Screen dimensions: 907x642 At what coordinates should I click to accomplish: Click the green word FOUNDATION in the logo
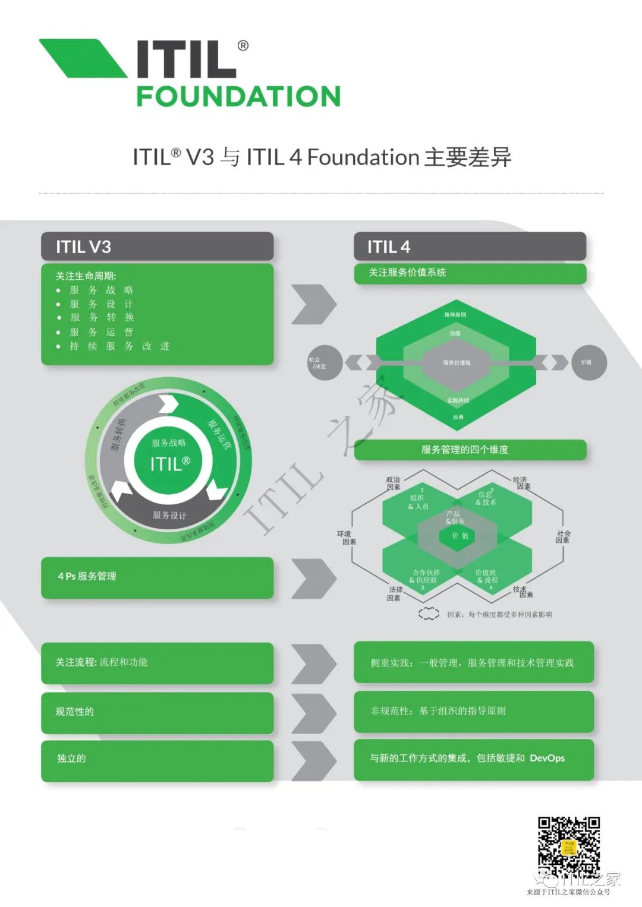tap(238, 96)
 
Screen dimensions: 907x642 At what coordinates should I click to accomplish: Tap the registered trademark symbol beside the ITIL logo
tap(243, 46)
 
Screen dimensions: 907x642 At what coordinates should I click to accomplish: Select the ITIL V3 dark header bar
tap(157, 246)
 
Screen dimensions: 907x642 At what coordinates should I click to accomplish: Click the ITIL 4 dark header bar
tap(470, 246)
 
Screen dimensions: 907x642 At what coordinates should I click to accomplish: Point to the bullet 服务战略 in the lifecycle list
tap(102, 290)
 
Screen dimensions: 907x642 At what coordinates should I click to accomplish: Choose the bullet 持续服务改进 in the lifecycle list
tap(119, 346)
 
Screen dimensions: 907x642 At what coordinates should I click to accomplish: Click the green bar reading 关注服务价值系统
tap(470, 273)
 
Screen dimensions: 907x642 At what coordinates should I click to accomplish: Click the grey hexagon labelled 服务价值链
tap(457, 362)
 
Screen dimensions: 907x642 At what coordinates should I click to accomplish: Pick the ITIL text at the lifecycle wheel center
tap(169, 463)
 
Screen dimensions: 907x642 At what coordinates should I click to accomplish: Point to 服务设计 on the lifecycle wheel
tap(169, 515)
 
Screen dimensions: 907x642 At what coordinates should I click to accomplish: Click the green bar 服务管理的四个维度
tap(470, 450)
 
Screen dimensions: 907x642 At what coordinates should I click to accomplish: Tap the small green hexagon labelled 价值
tap(460, 536)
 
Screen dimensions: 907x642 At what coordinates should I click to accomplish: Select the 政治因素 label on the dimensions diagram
tap(393, 483)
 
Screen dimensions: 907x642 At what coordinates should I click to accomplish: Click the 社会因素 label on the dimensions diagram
tap(563, 537)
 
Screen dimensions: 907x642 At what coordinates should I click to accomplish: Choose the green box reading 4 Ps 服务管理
tap(157, 577)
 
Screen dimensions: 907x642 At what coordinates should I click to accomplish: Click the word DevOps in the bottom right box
tap(547, 758)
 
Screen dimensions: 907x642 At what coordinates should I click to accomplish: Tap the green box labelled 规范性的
tap(157, 712)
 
